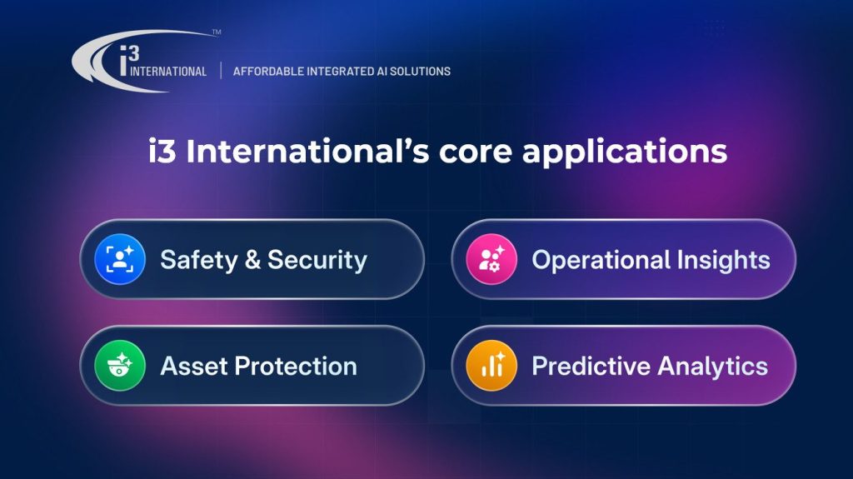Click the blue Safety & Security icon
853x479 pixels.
pyautogui.click(x=120, y=259)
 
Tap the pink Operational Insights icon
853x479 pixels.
pyautogui.click(x=491, y=259)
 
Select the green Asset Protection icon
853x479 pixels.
pyautogui.click(x=120, y=365)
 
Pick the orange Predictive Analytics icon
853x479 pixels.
pyautogui.click(x=491, y=365)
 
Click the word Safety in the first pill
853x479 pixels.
pyautogui.click(x=199, y=261)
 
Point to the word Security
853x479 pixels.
pyautogui.click(x=317, y=260)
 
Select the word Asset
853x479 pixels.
pyautogui.click(x=194, y=367)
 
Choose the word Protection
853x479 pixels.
pyautogui.click(x=296, y=367)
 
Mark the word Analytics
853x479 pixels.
pyautogui.click(x=713, y=367)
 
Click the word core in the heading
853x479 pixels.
pyautogui.click(x=475, y=152)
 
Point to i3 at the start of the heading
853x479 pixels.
pyautogui.click(x=162, y=152)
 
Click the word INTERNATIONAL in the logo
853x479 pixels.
pyautogui.click(x=168, y=72)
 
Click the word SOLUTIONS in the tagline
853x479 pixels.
pyautogui.click(x=420, y=72)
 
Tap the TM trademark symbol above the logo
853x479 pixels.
pyautogui.click(x=217, y=32)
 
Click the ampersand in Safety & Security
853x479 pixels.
pyautogui.click(x=253, y=260)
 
